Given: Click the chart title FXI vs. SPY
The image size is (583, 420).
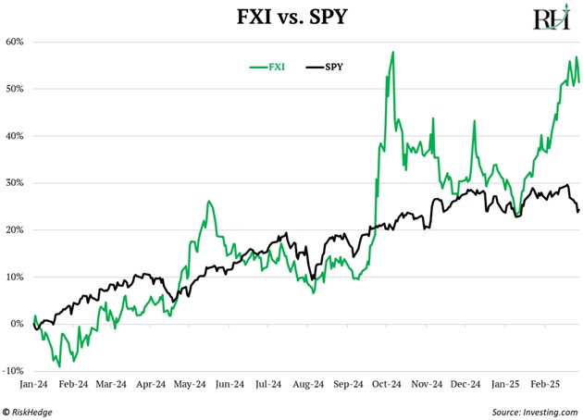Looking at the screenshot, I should coord(291,16).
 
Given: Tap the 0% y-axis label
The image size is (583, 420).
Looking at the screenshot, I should coord(18,324).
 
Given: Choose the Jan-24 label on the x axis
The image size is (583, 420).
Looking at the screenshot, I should coord(35,380).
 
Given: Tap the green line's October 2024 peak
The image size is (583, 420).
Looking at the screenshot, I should coord(393,52).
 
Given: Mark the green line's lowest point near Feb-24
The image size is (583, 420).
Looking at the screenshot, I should coord(59,366).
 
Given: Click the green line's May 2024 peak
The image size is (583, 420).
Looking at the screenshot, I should coord(209,201).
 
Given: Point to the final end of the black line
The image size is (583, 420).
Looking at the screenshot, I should coord(578,210).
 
